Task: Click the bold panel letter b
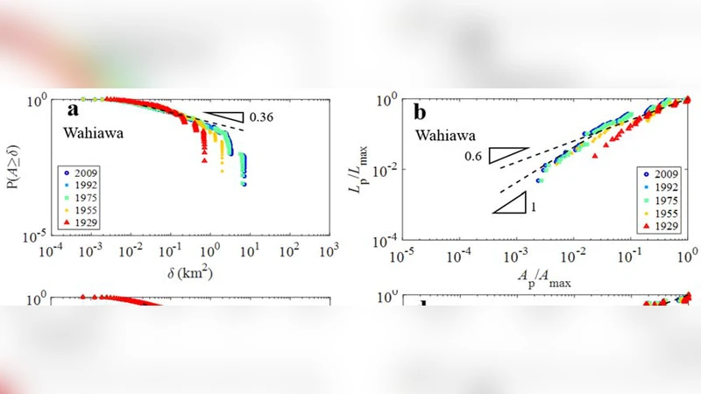coord(419,113)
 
